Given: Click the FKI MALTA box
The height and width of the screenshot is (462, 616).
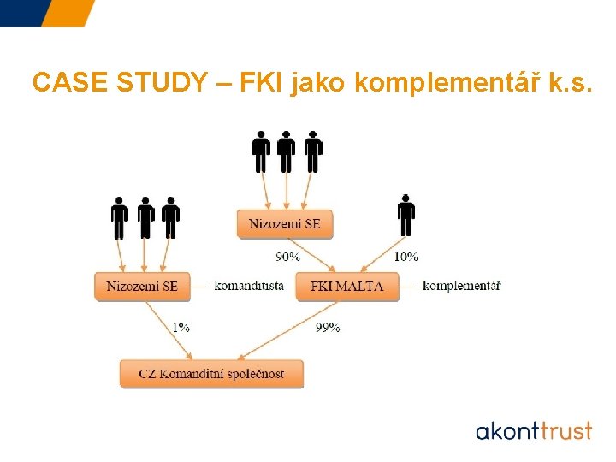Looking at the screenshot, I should (346, 286).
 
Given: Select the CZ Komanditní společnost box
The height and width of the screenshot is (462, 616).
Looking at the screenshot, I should (212, 374).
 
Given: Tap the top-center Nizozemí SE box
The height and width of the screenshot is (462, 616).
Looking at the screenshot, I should (285, 224).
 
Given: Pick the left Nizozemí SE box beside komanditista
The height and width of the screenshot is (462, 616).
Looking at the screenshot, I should (142, 286).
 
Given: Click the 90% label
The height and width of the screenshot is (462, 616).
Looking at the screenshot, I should (287, 256).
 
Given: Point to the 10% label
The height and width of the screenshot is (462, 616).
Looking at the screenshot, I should (406, 256).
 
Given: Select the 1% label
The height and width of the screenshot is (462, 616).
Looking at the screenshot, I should (181, 326).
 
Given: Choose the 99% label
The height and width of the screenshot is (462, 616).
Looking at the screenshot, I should (328, 326).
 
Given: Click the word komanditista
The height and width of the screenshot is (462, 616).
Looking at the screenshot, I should (249, 286).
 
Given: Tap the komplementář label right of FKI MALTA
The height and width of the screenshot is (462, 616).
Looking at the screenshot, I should (461, 286).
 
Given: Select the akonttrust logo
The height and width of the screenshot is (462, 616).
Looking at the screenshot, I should (533, 429).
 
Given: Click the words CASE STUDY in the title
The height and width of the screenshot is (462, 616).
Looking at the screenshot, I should (119, 83).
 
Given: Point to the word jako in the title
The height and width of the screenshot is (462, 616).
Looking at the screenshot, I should (319, 83).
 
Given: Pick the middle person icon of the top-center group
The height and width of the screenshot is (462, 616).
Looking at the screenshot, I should (287, 152).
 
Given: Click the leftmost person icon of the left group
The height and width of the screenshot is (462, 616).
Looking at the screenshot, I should (120, 218).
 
